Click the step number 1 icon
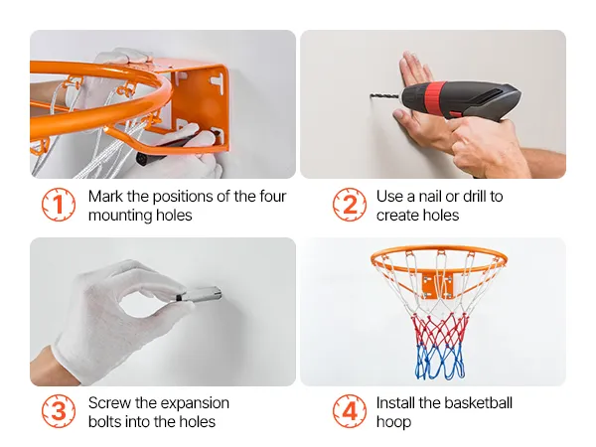(59, 205)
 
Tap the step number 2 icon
(350, 205)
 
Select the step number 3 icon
(59, 411)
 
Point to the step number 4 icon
(350, 411)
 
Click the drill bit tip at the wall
(371, 95)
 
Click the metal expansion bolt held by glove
(199, 294)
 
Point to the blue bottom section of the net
(440, 362)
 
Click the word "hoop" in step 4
(393, 422)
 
